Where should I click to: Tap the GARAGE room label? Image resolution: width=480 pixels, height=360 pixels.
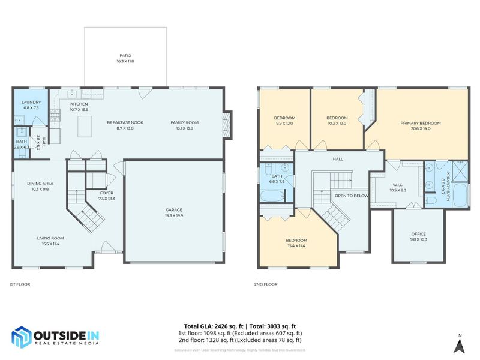click(174, 210)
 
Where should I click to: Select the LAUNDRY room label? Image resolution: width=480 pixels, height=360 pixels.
click(31, 103)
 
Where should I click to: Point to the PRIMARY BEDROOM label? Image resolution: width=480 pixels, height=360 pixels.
click(420, 123)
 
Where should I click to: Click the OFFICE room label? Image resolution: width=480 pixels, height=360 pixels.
click(418, 234)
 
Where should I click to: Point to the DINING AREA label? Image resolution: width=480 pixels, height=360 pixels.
click(40, 184)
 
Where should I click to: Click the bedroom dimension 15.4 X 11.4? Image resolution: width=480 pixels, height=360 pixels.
click(296, 245)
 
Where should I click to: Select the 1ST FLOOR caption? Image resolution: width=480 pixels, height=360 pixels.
click(20, 284)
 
